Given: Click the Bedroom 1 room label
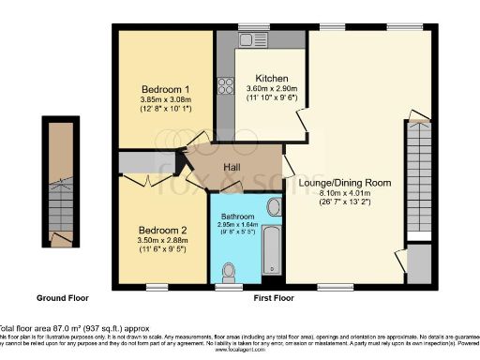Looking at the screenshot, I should click(165, 85).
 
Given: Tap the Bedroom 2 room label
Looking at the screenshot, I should click(163, 230).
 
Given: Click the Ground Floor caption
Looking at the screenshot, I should click(64, 297).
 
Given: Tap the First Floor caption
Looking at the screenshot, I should click(274, 297).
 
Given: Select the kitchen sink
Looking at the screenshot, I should click(252, 40).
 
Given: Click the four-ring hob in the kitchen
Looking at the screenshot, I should click(226, 86).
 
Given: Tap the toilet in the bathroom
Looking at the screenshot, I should click(228, 270).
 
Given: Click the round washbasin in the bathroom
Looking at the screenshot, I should click(274, 207).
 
